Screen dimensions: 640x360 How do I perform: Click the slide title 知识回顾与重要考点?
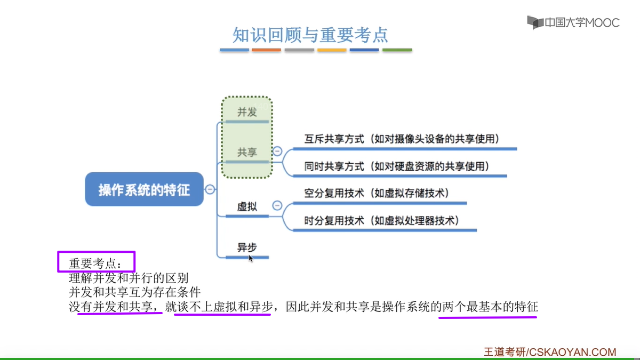[x=310, y=35]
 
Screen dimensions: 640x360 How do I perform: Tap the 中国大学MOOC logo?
[x=573, y=22]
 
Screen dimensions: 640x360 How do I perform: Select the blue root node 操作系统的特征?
[x=145, y=189]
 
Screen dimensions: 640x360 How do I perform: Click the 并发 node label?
[x=247, y=111]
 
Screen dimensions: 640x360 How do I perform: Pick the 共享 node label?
[x=247, y=152]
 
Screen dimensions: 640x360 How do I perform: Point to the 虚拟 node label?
[x=247, y=206]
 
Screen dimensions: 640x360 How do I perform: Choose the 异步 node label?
[x=247, y=247]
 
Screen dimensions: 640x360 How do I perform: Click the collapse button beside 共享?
[x=277, y=151]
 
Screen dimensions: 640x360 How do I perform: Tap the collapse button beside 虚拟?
[x=277, y=205]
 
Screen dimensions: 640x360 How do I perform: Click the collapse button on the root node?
[x=210, y=189]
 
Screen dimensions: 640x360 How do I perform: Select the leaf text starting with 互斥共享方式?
[x=402, y=139]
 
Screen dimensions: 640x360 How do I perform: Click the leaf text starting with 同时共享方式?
[x=397, y=166]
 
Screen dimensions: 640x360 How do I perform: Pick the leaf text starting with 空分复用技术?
[x=377, y=193]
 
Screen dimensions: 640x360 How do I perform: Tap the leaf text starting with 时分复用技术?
[x=381, y=220]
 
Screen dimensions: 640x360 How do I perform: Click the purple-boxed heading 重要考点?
[x=95, y=263]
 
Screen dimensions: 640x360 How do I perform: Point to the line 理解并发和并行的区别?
[x=129, y=278]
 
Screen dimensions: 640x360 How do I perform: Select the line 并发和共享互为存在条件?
[x=135, y=292]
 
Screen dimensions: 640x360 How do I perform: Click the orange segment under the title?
[x=266, y=50]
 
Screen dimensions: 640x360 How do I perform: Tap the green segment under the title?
[x=397, y=50]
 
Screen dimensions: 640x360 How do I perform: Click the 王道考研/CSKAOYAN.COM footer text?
[x=550, y=352]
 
